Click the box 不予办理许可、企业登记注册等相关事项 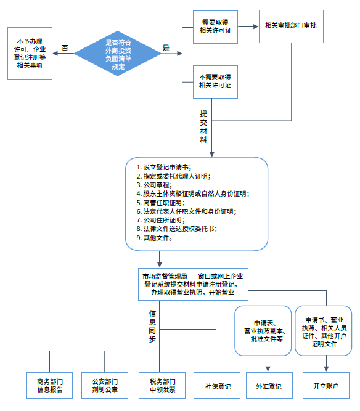[30, 53]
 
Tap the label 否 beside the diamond [65, 47]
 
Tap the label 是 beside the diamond [165, 47]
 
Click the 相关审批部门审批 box [290, 26]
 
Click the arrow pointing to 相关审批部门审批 [247, 27]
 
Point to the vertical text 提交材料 [203, 126]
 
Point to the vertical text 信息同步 [152, 327]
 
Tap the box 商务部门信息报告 [49, 386]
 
